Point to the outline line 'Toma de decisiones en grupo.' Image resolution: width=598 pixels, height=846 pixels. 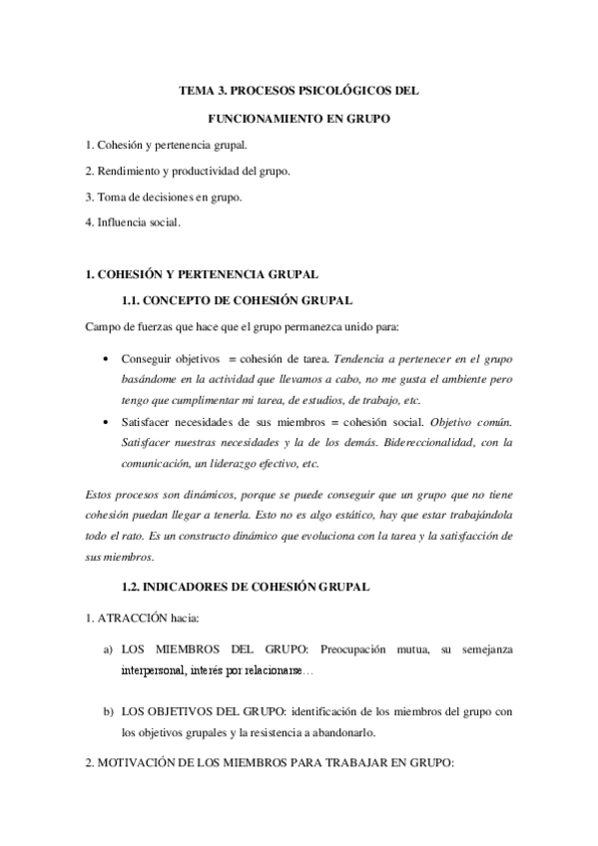164,197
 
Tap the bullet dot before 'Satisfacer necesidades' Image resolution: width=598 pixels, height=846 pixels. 106,422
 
